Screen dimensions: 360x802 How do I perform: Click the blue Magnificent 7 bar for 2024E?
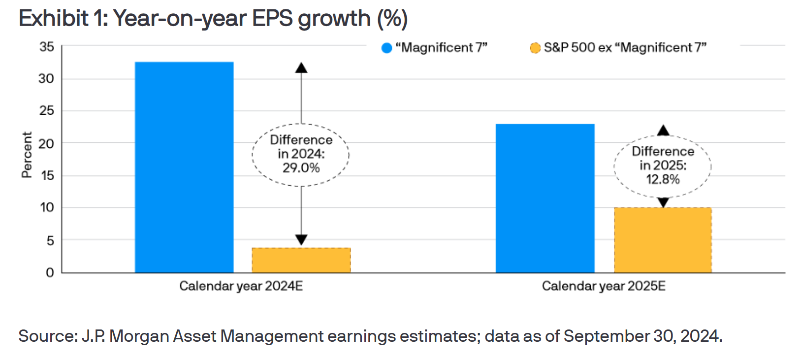[184, 167]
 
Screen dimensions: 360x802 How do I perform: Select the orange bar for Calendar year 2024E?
[301, 260]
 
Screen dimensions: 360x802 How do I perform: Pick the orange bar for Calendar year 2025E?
[663, 240]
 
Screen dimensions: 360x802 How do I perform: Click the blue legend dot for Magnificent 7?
[386, 48]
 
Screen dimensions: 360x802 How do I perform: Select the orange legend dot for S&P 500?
[535, 48]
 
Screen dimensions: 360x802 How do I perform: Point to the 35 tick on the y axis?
[47, 47]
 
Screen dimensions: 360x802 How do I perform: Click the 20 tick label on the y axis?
[47, 143]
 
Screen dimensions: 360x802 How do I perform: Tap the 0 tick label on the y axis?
[50, 272]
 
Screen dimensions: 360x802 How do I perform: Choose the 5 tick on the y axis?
[50, 240]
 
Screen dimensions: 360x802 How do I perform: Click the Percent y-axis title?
[27, 155]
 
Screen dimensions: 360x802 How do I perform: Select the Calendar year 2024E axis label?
[241, 286]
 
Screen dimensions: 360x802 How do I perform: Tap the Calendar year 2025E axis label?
[604, 286]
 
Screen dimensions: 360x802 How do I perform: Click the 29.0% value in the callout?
[301, 168]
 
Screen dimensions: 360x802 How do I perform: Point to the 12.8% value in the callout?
[663, 179]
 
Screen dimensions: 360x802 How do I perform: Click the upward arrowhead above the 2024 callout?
[301, 68]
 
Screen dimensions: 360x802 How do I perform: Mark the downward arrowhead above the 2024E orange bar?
[301, 240]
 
